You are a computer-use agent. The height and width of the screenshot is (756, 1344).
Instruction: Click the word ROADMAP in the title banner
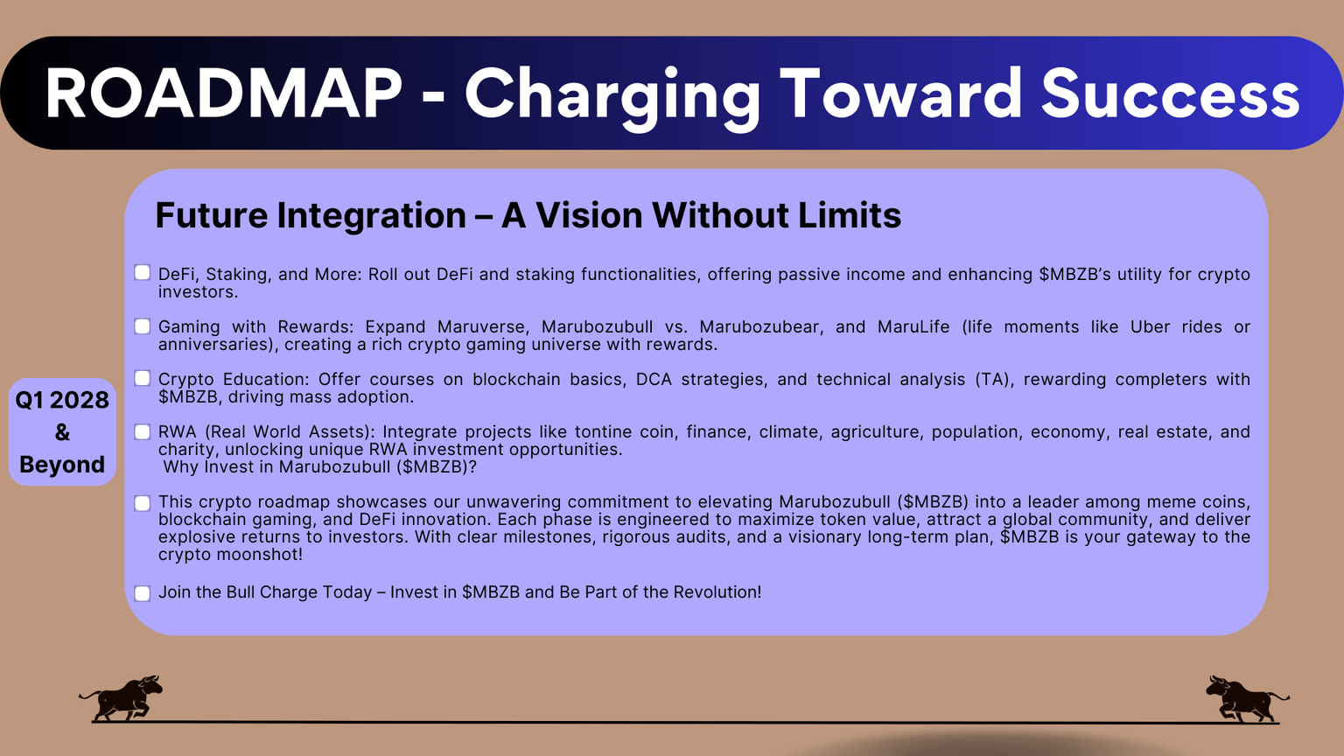(223, 94)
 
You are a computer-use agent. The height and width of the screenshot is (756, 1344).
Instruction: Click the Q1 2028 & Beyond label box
(62, 432)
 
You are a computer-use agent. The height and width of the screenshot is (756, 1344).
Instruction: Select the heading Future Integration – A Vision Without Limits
(528, 215)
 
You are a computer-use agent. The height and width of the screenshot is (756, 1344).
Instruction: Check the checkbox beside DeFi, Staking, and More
(143, 273)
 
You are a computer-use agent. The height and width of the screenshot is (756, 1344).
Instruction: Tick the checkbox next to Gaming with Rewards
(143, 326)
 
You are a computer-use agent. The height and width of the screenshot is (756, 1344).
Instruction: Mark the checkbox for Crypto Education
(143, 379)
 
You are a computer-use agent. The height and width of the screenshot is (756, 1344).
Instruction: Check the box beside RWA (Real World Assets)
(143, 431)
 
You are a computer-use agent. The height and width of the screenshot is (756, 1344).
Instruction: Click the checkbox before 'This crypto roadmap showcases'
(143, 503)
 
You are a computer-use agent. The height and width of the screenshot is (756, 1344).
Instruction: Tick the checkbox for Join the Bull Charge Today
(143, 593)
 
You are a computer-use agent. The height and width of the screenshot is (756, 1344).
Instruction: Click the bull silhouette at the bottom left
(122, 698)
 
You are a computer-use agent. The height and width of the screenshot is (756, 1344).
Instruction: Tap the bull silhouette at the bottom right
(1246, 698)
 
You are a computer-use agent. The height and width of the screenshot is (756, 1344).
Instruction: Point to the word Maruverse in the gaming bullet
(482, 327)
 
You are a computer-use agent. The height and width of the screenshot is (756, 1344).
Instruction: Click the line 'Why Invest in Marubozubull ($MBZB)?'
(320, 467)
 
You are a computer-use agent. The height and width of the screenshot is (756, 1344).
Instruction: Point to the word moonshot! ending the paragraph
(262, 555)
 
